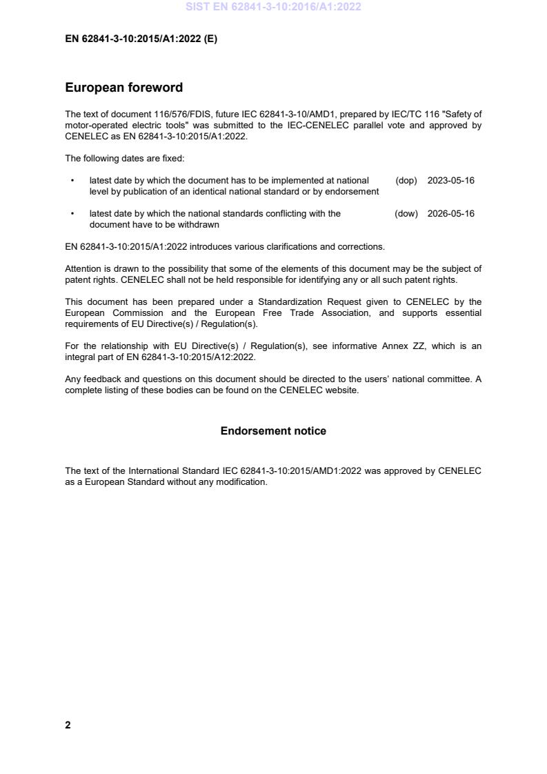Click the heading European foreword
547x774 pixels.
point(123,88)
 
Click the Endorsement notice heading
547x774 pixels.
point(273,431)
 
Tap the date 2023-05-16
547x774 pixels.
point(450,181)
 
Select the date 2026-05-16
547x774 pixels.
point(450,214)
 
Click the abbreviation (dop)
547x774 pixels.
point(406,181)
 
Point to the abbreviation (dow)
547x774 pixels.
point(406,214)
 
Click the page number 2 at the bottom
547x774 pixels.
point(68,725)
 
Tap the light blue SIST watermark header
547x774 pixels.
point(273,7)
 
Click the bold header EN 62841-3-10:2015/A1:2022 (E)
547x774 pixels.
point(141,39)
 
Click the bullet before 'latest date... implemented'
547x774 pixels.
point(72,181)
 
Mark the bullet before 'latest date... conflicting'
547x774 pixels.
point(72,214)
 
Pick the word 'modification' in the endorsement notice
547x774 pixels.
point(243,482)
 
